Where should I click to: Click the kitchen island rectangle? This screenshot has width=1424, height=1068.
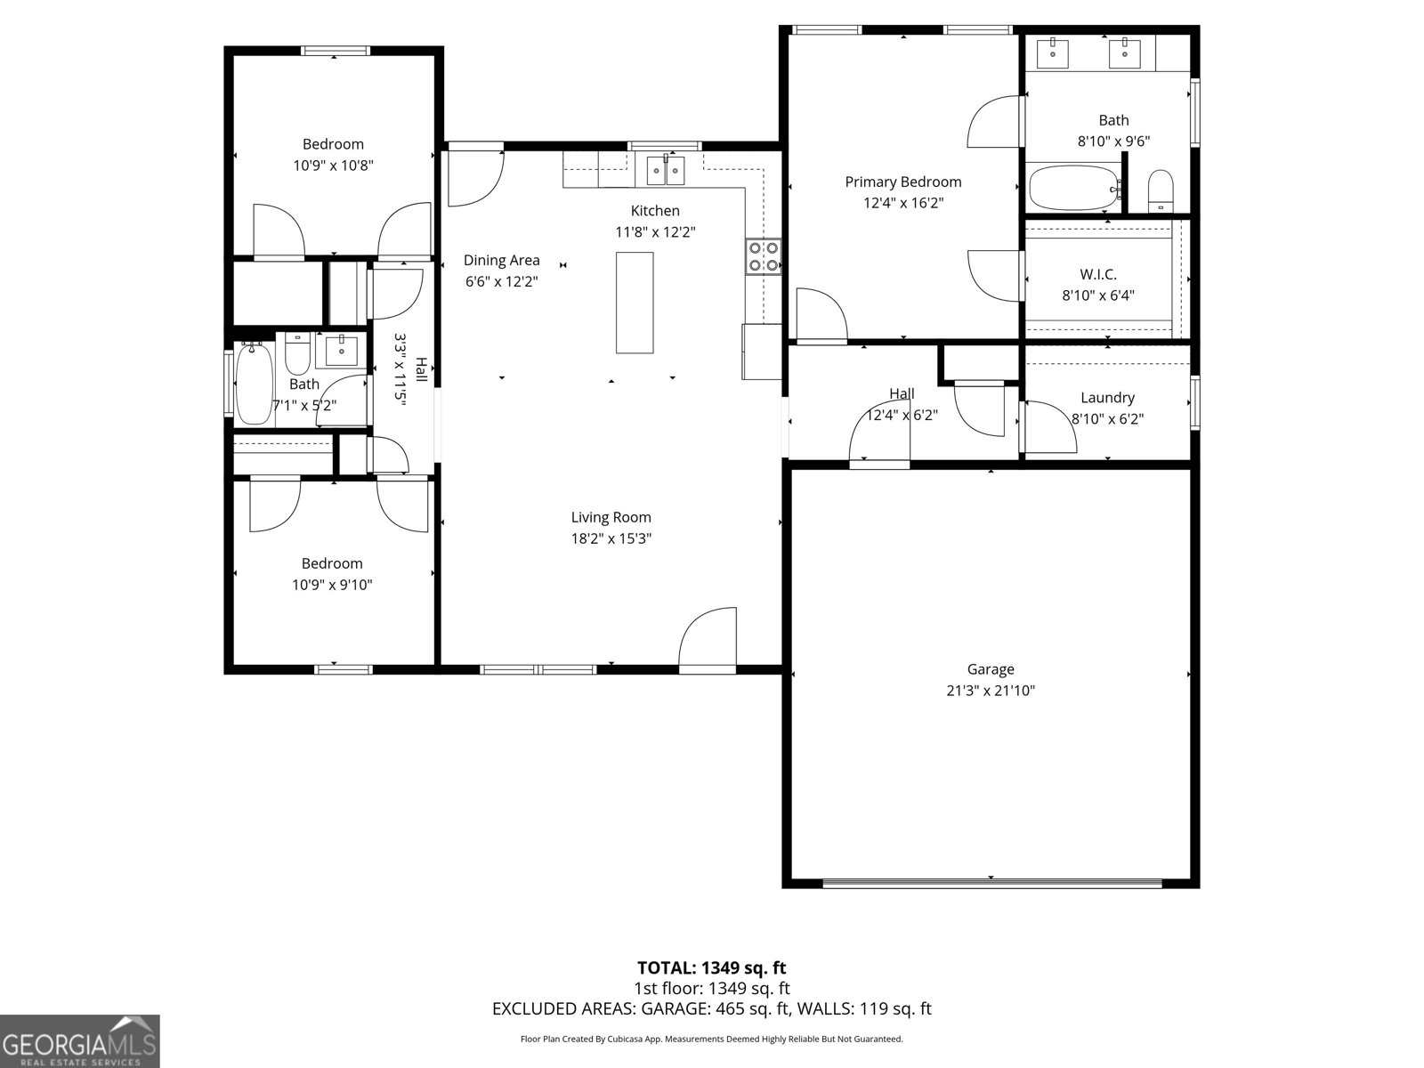click(635, 303)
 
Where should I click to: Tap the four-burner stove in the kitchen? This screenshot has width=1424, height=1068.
click(764, 256)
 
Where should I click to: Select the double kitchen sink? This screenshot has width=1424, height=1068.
click(666, 169)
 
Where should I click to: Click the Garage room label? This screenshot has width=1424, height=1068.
click(991, 669)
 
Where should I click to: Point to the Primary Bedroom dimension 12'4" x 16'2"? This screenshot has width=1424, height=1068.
click(902, 203)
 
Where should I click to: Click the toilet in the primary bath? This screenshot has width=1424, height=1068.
click(1161, 190)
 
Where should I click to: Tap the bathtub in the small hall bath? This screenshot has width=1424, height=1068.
click(254, 384)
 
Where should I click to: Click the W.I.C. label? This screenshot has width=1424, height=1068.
click(1098, 274)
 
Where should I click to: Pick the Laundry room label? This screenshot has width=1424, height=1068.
click(1107, 398)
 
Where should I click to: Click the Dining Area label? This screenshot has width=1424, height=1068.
click(501, 260)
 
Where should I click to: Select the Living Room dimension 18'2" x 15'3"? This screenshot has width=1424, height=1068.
click(611, 538)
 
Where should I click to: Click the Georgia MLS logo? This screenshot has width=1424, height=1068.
click(80, 1041)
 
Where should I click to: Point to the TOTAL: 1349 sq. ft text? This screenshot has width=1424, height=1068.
click(711, 967)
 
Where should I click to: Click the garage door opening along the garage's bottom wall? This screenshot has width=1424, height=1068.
click(991, 883)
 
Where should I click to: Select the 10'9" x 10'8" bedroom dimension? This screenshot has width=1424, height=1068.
click(333, 166)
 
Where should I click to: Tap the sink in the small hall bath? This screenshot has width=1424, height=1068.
click(340, 351)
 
